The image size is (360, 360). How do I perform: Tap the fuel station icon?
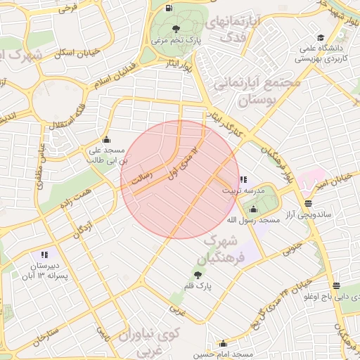(168, 8)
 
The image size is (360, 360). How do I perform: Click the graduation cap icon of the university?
(321, 38)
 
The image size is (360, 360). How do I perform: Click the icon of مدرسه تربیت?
(243, 179)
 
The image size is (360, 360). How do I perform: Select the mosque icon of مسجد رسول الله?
(253, 208)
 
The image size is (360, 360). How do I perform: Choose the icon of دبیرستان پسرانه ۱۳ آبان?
(44, 255)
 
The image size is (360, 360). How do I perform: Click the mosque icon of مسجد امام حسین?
(224, 344)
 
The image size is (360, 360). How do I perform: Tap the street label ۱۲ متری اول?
(184, 157)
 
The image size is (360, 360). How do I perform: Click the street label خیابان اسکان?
(78, 52)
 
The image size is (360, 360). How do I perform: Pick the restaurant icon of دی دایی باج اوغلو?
(337, 286)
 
